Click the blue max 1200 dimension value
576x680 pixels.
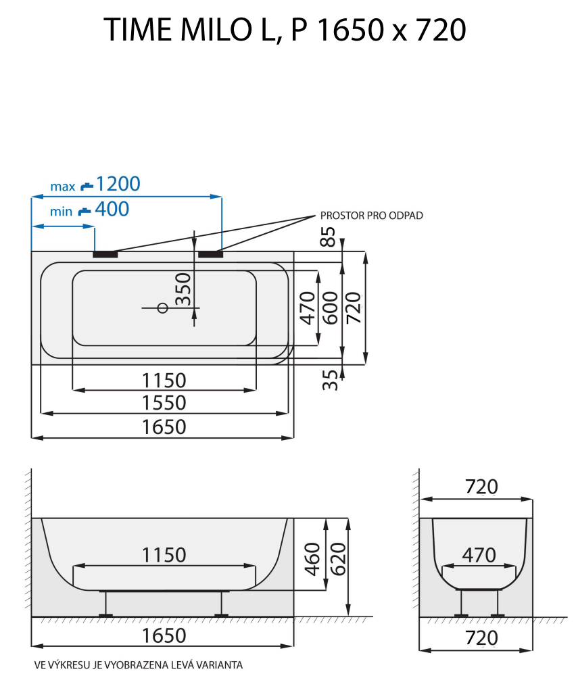[118, 184]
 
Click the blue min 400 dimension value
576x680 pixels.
[112, 210]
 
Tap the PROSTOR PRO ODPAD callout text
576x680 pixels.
[372, 216]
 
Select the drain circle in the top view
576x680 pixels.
[162, 308]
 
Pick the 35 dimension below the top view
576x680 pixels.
[329, 380]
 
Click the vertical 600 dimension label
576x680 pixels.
[330, 308]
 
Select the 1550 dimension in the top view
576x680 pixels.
[164, 403]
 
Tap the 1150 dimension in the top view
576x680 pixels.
[164, 380]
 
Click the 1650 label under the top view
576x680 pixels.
[164, 427]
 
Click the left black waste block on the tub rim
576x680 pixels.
[105, 254]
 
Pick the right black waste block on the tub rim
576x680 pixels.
[210, 254]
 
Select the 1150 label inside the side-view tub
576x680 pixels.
[164, 555]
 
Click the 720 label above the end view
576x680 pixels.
[481, 487]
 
